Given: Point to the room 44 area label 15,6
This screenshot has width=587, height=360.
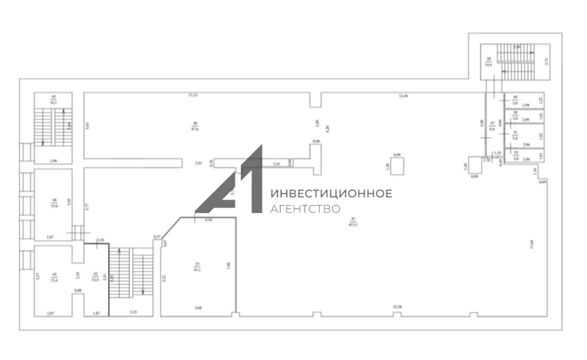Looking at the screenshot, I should pyautogui.click(x=53, y=204).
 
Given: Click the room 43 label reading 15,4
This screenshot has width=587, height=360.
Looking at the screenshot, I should pyautogui.click(x=54, y=277).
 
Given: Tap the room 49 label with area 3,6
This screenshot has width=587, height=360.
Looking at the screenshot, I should pyautogui.click(x=515, y=101).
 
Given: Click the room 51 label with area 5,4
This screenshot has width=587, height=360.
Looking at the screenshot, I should pyautogui.click(x=515, y=134).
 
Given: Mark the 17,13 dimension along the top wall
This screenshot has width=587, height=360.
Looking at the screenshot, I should pyautogui.click(x=193, y=96).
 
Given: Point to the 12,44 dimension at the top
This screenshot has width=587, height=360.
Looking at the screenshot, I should pyautogui.click(x=403, y=96).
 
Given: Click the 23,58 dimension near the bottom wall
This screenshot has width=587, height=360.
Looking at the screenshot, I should pyautogui.click(x=399, y=308).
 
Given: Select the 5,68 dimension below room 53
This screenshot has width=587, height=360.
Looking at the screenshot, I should pyautogui.click(x=197, y=308).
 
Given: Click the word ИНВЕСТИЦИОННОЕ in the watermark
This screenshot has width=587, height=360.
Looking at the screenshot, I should pyautogui.click(x=331, y=194).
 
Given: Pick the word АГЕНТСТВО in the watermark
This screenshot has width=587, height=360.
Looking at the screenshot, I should pyautogui.click(x=305, y=209).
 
